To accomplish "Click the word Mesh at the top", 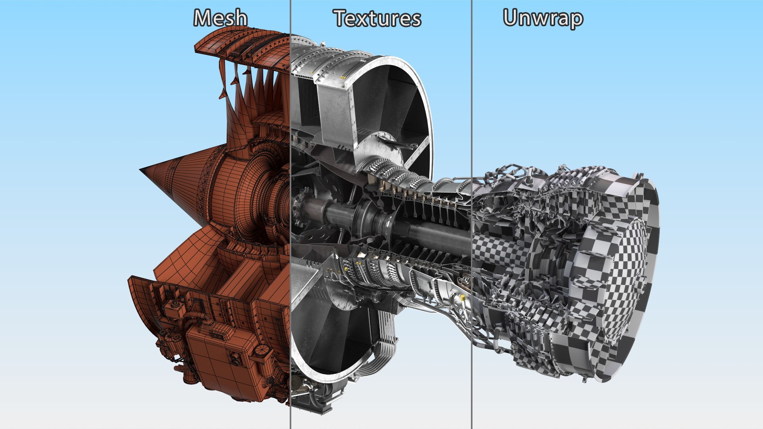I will point(221,18).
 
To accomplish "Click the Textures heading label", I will point(377,19).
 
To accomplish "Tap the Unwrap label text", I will point(543,18).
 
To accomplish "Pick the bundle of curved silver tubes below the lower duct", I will point(385,338).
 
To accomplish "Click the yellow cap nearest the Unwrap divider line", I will point(462,297).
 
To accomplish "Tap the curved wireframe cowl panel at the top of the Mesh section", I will point(242,44).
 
